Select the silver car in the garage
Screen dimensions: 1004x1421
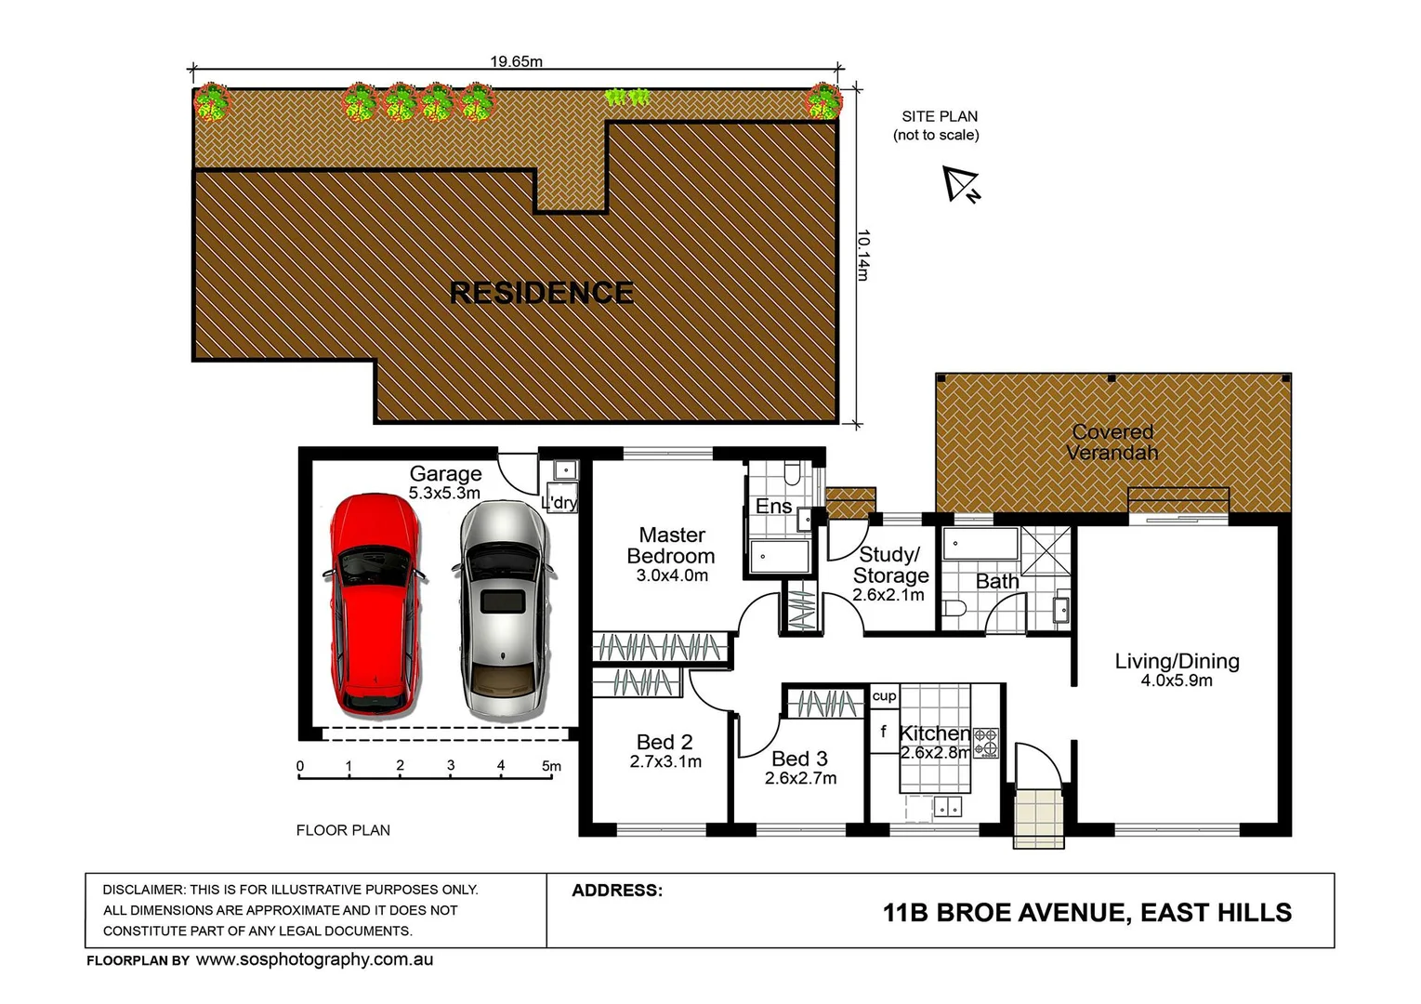502,610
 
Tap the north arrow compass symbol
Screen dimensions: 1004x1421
960,184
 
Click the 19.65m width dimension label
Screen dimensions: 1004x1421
516,61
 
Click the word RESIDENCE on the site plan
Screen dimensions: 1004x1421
541,293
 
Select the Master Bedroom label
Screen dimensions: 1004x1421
671,546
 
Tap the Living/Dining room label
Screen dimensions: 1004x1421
1177,661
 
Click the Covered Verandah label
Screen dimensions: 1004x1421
1112,443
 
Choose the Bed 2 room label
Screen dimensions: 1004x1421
664,742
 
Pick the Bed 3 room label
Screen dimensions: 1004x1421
799,759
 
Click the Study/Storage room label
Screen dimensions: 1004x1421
889,565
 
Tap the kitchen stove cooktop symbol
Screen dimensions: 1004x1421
985,741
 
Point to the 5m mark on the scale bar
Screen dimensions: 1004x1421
551,766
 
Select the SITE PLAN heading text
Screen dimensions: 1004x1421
939,116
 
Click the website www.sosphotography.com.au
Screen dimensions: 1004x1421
314,960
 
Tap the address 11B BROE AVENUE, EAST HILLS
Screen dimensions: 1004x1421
1086,913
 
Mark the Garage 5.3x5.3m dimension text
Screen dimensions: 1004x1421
444,494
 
